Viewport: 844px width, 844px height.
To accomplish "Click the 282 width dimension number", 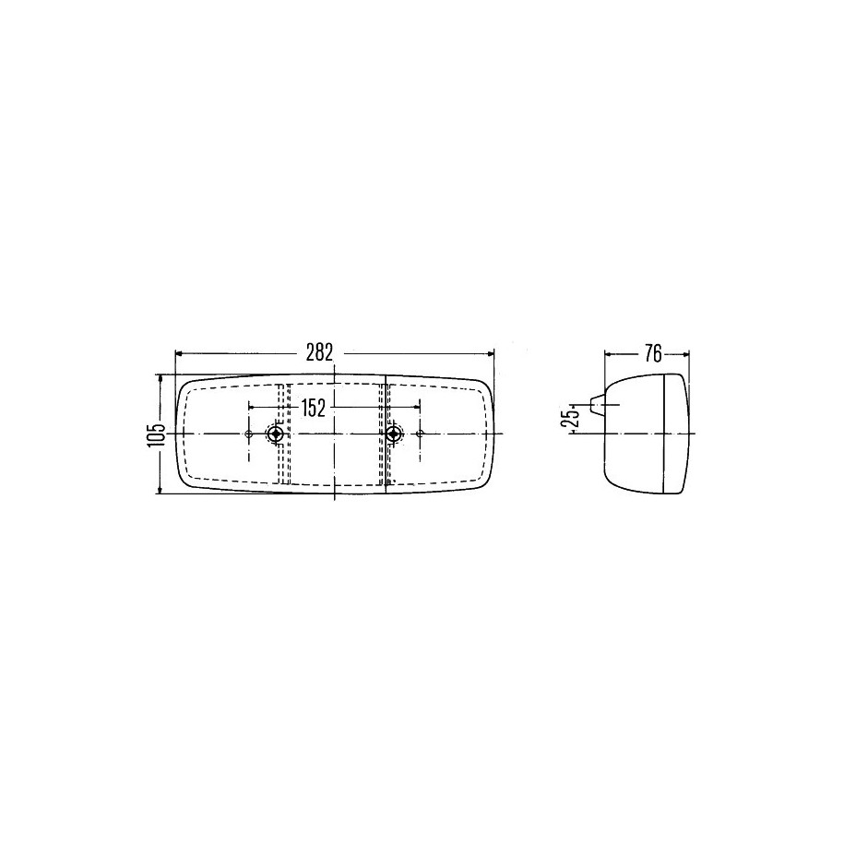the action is (320, 352).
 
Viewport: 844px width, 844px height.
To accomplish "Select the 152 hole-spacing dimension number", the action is (313, 409).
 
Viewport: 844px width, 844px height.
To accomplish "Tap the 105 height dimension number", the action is (154, 434).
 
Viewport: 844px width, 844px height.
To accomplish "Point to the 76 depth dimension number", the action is (652, 353).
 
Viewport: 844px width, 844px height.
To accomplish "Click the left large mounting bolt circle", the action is (277, 434).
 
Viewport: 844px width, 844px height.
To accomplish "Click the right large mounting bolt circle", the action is (395, 434).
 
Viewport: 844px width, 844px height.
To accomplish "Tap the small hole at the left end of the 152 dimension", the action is (249, 434).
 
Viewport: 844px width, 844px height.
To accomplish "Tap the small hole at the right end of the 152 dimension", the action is (420, 434).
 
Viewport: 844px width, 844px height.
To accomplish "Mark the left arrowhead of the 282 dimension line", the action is (180, 353).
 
